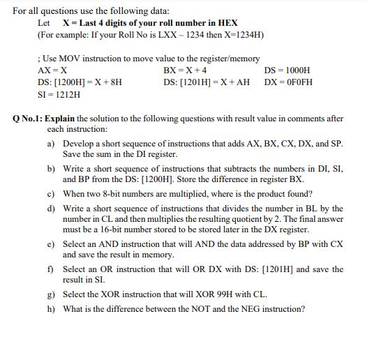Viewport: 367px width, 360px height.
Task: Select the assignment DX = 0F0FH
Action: [x=289, y=82]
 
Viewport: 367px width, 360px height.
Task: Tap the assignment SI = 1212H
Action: [x=59, y=93]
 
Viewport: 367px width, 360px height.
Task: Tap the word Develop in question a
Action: [x=80, y=143]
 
